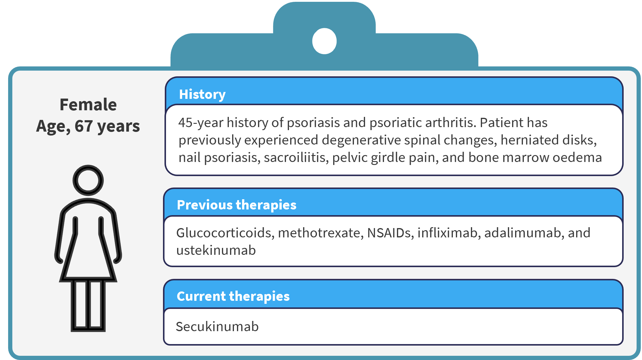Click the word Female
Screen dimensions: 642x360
(x=88, y=105)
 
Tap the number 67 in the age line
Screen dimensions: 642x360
(x=84, y=126)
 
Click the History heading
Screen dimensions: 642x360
(x=202, y=95)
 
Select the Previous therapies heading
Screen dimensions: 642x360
(x=237, y=205)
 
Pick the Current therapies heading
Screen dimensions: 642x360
(x=233, y=296)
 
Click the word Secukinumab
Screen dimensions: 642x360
(x=217, y=327)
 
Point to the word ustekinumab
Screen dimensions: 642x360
(x=216, y=250)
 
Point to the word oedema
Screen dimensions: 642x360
(x=577, y=158)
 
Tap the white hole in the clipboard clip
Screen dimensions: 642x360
(x=324, y=41)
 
